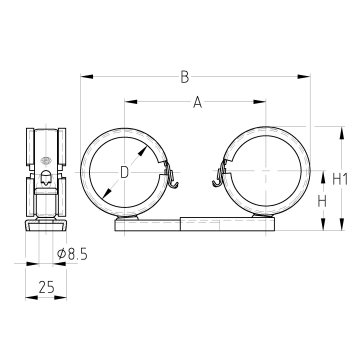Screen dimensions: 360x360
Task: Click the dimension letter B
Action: point(185,77)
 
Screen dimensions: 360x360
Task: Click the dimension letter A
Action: point(198,102)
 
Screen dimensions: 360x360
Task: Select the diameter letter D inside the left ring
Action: point(124,173)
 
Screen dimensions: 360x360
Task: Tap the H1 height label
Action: point(340,180)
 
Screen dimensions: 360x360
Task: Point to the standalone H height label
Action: point(322,201)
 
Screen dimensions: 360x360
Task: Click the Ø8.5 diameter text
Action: point(72,254)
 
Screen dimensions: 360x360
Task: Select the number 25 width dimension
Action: point(46,287)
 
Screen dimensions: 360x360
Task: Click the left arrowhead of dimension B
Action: point(87,77)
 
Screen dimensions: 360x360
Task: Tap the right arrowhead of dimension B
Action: point(304,77)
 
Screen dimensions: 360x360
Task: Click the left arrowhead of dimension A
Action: point(131,101)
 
